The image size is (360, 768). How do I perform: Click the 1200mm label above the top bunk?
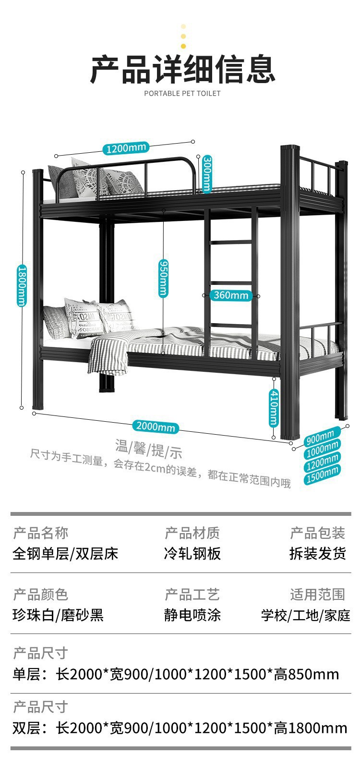point(125,148)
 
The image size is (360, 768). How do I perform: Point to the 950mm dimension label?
point(163,278)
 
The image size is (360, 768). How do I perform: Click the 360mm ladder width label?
point(231,295)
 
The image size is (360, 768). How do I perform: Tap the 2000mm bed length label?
point(155,426)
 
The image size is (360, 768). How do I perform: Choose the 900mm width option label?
point(320,437)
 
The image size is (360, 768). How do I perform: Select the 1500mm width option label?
point(323,474)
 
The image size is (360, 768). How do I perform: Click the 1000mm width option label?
point(322,449)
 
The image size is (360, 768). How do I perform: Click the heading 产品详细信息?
point(182,70)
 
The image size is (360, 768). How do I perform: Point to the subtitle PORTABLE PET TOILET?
point(182,93)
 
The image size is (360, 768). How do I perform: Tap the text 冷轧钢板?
point(192,553)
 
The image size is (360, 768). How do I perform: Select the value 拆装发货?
point(317,553)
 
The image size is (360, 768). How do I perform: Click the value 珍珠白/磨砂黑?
point(58,615)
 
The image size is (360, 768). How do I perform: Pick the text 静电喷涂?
point(192,615)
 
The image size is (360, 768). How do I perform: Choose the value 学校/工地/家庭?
point(305,615)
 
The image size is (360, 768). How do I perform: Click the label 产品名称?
point(41,533)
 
